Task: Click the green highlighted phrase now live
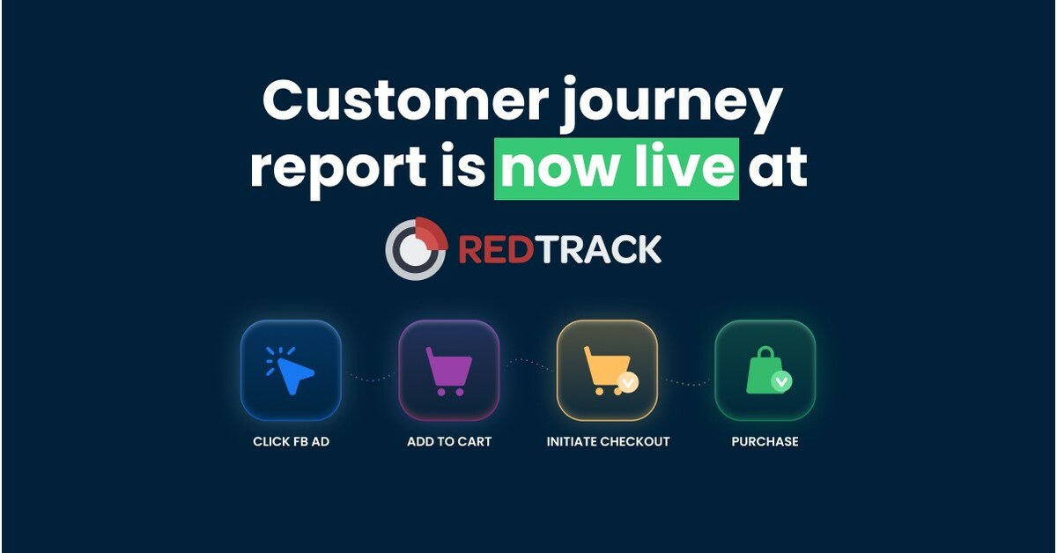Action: pyautogui.click(x=616, y=168)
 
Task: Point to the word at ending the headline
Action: pyautogui.click(x=777, y=170)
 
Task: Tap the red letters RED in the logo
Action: pyautogui.click(x=495, y=250)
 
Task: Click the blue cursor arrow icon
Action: pyautogui.click(x=291, y=370)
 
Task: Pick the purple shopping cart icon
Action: pyautogui.click(x=448, y=370)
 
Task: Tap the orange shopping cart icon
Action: pyautogui.click(x=606, y=370)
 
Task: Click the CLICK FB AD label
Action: pyautogui.click(x=291, y=441)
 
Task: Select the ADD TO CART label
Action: pyautogui.click(x=449, y=441)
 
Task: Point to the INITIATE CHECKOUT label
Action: pyautogui.click(x=608, y=441)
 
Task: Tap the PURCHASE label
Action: pyautogui.click(x=765, y=441)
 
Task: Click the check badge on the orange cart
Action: pyautogui.click(x=627, y=383)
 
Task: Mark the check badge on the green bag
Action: pyautogui.click(x=781, y=381)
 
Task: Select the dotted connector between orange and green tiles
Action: pyautogui.click(x=686, y=381)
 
